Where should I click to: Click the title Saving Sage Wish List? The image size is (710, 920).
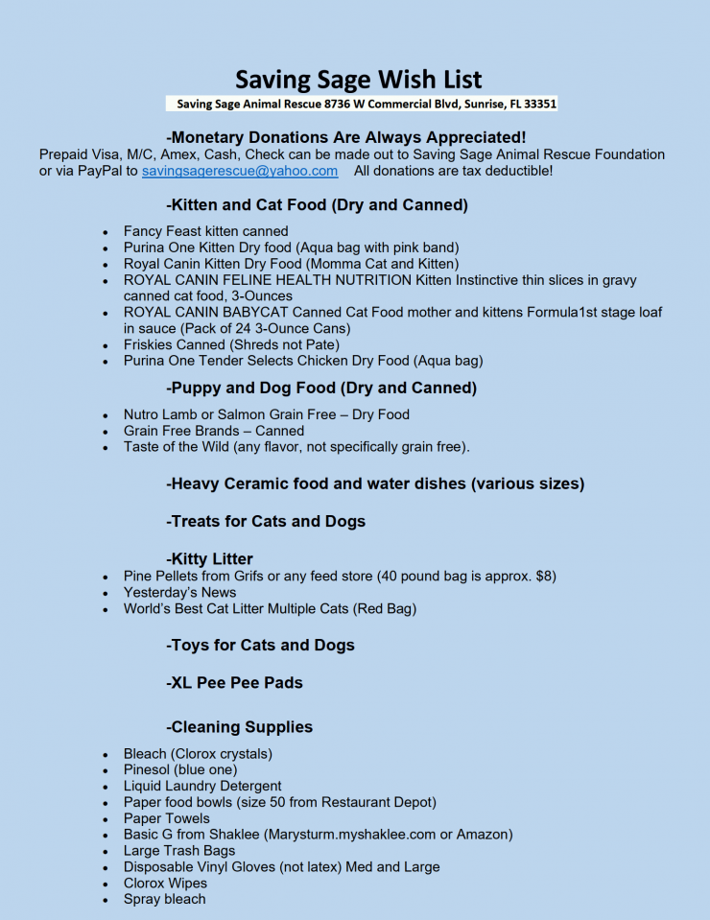point(359,79)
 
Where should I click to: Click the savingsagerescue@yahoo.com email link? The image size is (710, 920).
point(240,171)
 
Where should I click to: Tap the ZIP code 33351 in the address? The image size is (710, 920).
point(537,104)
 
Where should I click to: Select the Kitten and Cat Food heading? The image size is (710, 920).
point(317,205)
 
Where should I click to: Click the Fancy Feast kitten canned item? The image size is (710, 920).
point(205,231)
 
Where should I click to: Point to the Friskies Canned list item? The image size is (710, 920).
point(231,344)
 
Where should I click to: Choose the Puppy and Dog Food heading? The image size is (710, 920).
point(320,389)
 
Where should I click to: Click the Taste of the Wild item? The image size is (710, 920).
point(296,447)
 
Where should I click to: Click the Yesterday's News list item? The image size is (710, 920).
point(179,592)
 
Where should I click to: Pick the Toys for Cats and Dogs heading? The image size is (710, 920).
point(260,646)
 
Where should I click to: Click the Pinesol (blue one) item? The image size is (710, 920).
point(180,769)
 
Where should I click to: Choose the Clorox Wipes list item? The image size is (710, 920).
point(165,883)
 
